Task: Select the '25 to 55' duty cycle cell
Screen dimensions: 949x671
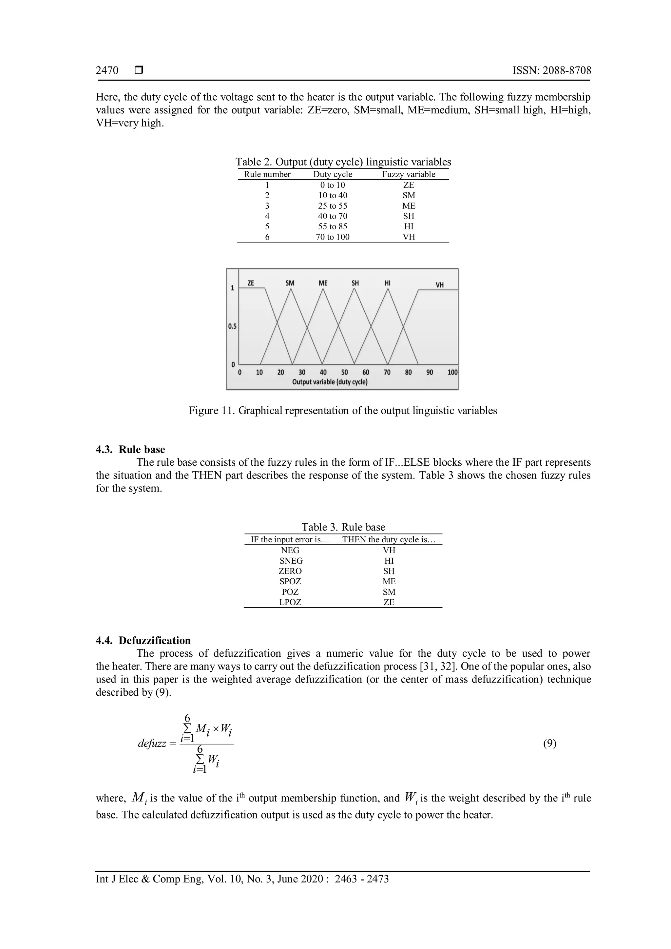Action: [333, 206]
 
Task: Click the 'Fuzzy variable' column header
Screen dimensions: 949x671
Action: [408, 174]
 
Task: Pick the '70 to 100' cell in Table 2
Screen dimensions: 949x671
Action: [333, 237]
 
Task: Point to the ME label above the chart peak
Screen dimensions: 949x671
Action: [323, 283]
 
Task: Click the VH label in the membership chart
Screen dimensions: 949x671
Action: [440, 285]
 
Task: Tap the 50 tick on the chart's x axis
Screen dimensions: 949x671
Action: [345, 372]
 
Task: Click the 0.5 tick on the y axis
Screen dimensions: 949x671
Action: [232, 326]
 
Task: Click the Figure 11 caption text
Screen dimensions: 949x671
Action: [343, 410]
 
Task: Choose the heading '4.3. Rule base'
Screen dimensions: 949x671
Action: [131, 449]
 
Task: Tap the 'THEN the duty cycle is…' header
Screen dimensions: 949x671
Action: [389, 539]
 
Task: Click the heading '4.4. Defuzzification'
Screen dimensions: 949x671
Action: [144, 640]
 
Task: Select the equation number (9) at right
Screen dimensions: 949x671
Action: [549, 744]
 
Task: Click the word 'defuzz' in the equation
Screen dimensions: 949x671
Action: [152, 744]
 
